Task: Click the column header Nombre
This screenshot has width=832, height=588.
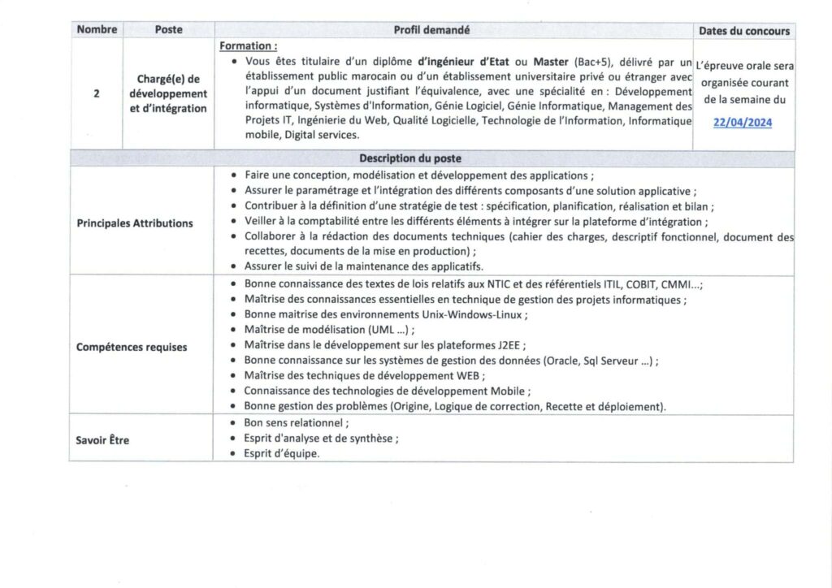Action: (x=97, y=30)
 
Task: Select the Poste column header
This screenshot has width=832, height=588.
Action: (x=168, y=30)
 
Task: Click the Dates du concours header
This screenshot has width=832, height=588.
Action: (x=743, y=31)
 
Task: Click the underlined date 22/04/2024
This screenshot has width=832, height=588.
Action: (x=743, y=123)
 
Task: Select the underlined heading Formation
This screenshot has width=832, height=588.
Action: (x=248, y=46)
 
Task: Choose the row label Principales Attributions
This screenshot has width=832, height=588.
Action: (x=135, y=223)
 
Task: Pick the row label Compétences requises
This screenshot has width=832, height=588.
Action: (x=132, y=347)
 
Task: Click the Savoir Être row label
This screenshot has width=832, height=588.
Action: (x=102, y=440)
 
